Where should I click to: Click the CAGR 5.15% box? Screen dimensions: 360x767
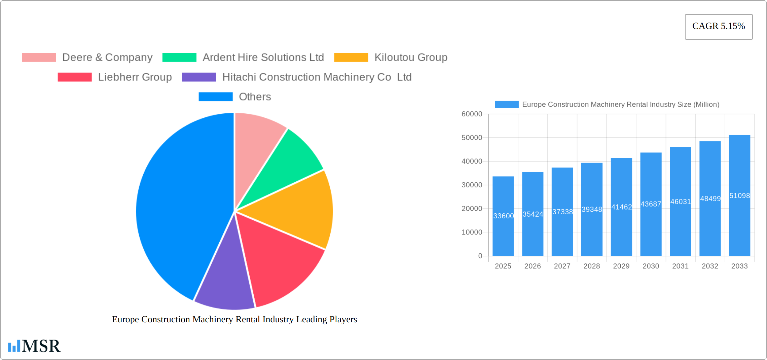(x=719, y=27)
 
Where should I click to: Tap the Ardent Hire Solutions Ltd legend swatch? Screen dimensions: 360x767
(x=179, y=58)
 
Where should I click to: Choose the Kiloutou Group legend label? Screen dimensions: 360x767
(x=411, y=58)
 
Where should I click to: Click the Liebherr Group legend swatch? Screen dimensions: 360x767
(x=75, y=77)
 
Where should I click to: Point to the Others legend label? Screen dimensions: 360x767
(x=255, y=97)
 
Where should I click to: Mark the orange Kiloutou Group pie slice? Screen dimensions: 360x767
(x=299, y=209)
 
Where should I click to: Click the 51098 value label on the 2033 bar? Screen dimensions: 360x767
(x=739, y=196)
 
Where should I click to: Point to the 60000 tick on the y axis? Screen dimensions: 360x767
(x=472, y=114)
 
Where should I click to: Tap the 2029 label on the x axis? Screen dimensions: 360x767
(x=621, y=266)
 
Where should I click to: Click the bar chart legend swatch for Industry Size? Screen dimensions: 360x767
(x=506, y=105)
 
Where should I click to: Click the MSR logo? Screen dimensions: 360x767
(x=34, y=346)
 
